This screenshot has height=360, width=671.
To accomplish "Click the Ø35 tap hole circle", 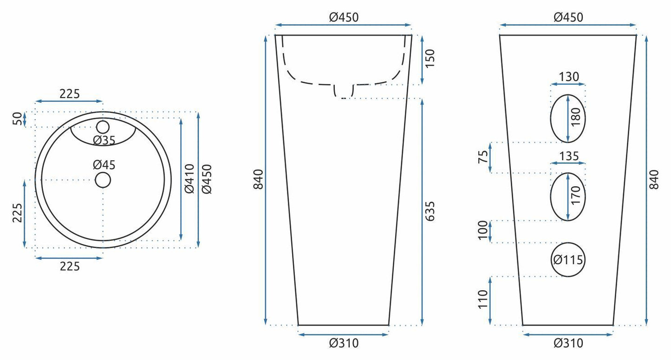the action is (103, 120).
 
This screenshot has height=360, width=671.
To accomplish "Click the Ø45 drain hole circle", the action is (103, 173).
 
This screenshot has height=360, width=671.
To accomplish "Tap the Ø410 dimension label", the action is (189, 179).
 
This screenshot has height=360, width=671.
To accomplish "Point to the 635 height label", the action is (430, 211).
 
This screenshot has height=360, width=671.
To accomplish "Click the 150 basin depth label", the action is (430, 59).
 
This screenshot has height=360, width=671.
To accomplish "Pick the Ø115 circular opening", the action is (567, 243).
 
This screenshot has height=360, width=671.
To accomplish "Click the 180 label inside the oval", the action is (576, 117).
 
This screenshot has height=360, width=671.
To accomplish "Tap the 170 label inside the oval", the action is (576, 195).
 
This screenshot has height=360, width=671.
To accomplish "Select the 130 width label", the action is (569, 77).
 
